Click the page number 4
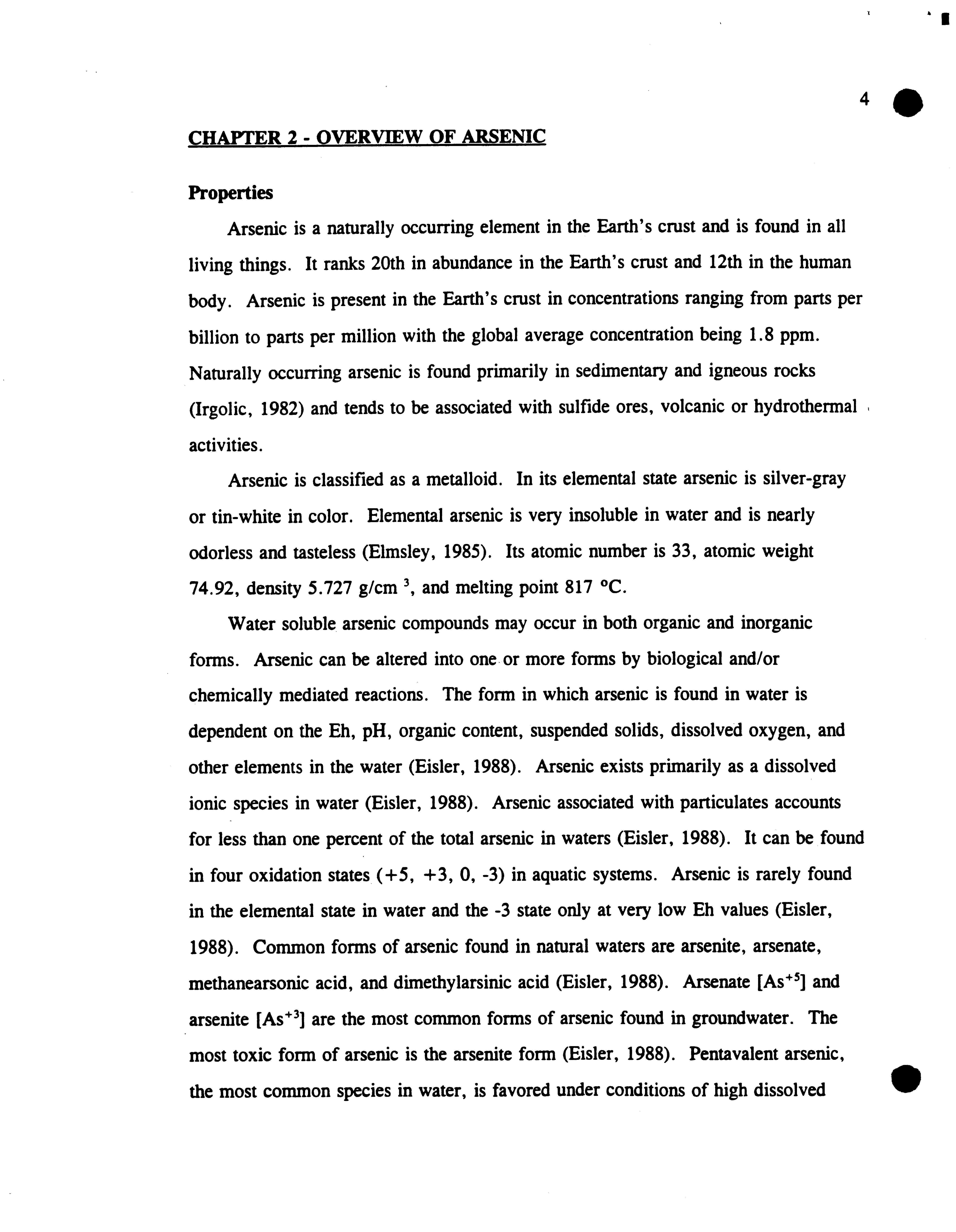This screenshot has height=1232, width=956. tap(864, 100)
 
